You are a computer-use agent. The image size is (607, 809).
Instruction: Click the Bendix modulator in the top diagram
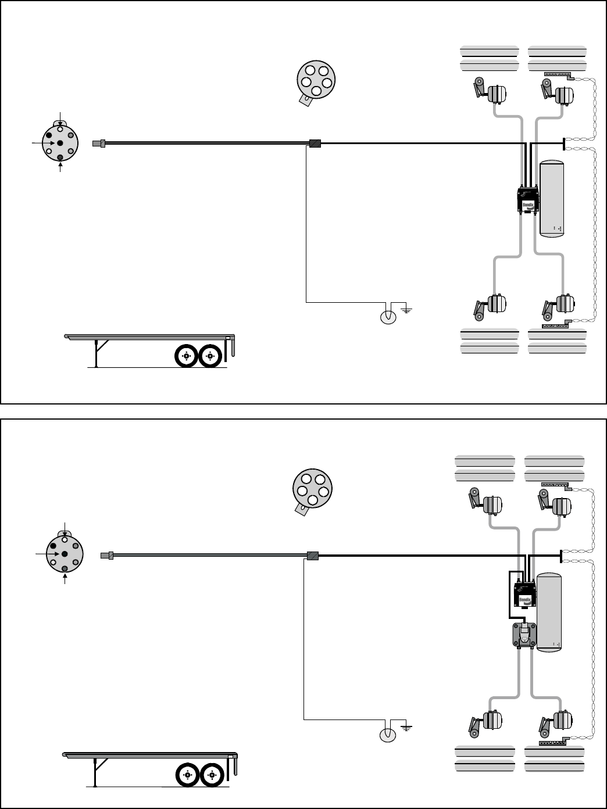click(528, 199)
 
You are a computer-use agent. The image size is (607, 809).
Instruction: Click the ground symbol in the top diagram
click(405, 309)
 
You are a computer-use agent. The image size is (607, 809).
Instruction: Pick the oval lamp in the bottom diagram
click(387, 735)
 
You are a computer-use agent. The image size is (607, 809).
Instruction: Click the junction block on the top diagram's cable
click(315, 143)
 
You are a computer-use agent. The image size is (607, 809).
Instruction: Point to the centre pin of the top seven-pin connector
click(60, 143)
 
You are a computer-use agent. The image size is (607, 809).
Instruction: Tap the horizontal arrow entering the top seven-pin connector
click(43, 142)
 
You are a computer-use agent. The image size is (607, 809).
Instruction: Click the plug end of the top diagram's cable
click(98, 142)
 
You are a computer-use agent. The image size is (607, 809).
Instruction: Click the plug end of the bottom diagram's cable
click(107, 556)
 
